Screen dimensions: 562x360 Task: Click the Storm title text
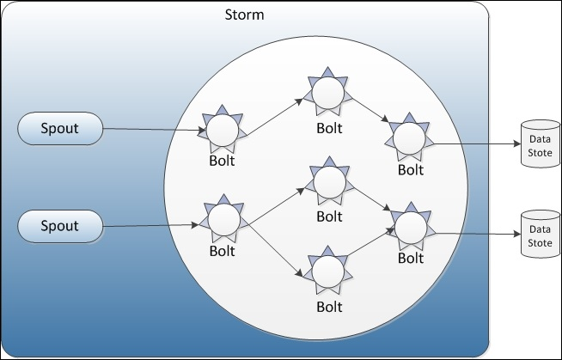(244, 15)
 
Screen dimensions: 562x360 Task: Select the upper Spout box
(60, 129)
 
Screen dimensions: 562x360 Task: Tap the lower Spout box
(60, 226)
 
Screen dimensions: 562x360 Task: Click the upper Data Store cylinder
(541, 143)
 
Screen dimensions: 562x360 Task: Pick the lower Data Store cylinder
(541, 234)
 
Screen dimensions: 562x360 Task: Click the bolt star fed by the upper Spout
(223, 130)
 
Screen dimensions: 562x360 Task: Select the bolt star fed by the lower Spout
(224, 219)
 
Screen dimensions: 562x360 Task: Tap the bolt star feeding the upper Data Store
(409, 137)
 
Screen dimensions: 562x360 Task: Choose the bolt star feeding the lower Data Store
(411, 227)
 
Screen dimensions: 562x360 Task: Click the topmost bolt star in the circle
(328, 92)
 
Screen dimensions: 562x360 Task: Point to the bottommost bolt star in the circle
(328, 272)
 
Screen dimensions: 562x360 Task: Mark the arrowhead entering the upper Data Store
(516, 144)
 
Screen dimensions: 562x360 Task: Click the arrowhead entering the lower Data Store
(516, 235)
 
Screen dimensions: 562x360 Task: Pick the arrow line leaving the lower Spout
(150, 226)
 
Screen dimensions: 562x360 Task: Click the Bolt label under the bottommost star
(329, 307)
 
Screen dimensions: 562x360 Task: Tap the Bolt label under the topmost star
(329, 128)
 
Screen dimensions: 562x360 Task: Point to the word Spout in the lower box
(59, 226)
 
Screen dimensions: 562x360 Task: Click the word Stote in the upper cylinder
(541, 153)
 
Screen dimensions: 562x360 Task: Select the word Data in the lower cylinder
(541, 229)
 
